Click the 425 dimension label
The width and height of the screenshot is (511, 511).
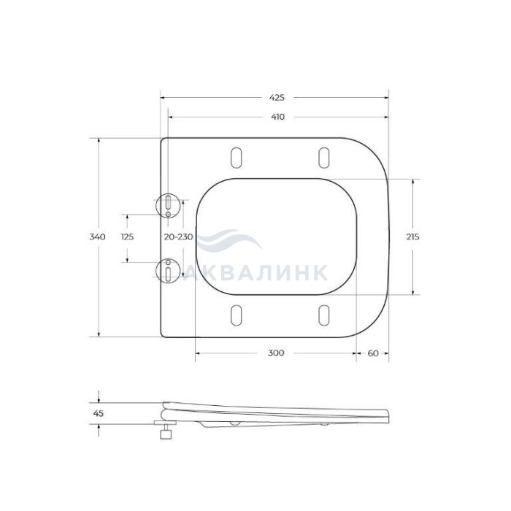277,97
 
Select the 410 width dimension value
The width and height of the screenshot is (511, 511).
277,117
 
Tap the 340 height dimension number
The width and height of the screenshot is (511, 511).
97,237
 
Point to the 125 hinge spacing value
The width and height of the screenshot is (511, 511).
127,237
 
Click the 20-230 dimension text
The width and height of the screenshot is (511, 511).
178,237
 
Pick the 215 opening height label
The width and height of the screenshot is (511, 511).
413,237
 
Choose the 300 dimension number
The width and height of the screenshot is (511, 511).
276,353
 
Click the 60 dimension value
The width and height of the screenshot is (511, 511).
373,353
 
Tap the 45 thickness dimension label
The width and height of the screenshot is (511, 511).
99,413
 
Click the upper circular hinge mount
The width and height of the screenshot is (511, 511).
168,205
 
